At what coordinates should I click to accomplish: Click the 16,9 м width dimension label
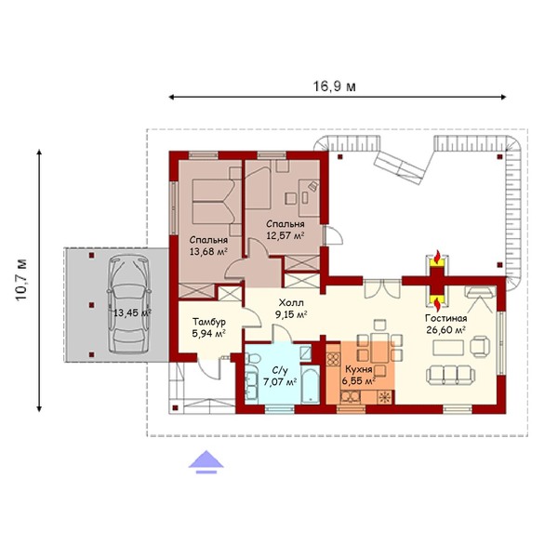pyautogui.click(x=334, y=86)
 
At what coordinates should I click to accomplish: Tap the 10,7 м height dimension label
pyautogui.click(x=21, y=280)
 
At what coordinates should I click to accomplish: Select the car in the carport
pyautogui.click(x=129, y=305)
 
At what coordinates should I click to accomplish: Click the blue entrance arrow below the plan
pyautogui.click(x=206, y=462)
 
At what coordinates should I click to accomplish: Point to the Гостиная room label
pyautogui.click(x=445, y=318)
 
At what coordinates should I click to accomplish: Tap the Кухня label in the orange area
pyautogui.click(x=358, y=369)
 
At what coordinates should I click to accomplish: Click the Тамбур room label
pyautogui.click(x=209, y=322)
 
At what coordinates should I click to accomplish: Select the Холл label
pyautogui.click(x=291, y=303)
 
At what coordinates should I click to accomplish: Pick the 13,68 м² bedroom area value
pyautogui.click(x=208, y=252)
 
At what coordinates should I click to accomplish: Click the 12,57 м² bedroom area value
pyautogui.click(x=286, y=235)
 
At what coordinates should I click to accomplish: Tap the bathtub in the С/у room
pyautogui.click(x=310, y=386)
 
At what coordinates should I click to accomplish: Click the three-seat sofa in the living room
pyautogui.click(x=450, y=375)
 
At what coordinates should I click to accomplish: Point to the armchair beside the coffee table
pyautogui.click(x=480, y=346)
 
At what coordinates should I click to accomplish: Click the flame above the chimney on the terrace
pyautogui.click(x=437, y=257)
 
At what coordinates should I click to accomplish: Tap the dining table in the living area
pyautogui.click(x=380, y=347)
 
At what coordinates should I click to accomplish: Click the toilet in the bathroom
pyautogui.click(x=253, y=358)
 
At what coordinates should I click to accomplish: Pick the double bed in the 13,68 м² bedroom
pyautogui.click(x=214, y=202)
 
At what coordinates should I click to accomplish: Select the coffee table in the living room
pyautogui.click(x=448, y=348)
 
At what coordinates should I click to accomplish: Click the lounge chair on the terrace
pyautogui.click(x=399, y=167)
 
